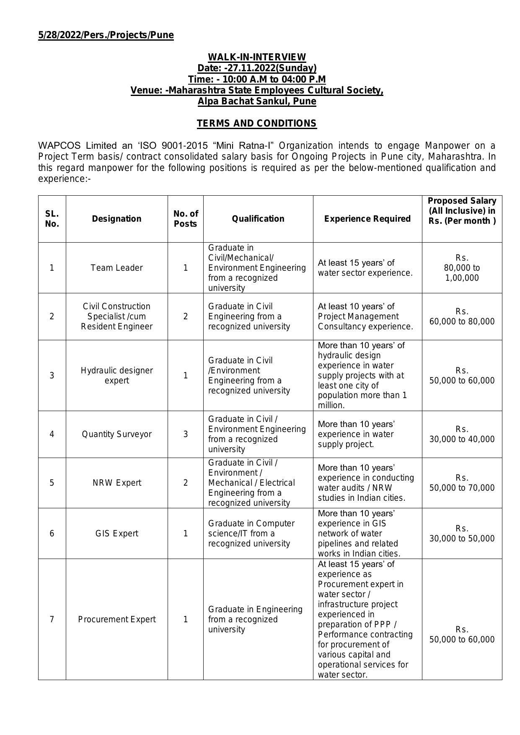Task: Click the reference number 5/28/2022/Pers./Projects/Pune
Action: pos(106,35)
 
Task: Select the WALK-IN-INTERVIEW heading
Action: pos(257,57)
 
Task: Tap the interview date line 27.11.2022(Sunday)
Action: pos(257,68)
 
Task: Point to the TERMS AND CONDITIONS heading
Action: pos(257,124)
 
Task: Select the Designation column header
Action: pos(116,219)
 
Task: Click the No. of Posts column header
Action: pos(185,219)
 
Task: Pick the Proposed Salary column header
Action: pos(462,211)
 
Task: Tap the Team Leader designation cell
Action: pos(116,268)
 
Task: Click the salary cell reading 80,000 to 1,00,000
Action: pos(462,268)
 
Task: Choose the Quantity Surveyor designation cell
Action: pos(116,434)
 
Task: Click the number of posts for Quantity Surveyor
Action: pos(185,434)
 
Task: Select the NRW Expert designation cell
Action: pos(116,483)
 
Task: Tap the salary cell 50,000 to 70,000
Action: pos(462,483)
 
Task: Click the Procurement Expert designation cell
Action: pos(116,619)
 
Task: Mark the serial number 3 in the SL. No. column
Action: pos(52,375)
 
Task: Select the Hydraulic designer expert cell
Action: pos(116,375)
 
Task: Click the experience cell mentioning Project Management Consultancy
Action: pos(365,316)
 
